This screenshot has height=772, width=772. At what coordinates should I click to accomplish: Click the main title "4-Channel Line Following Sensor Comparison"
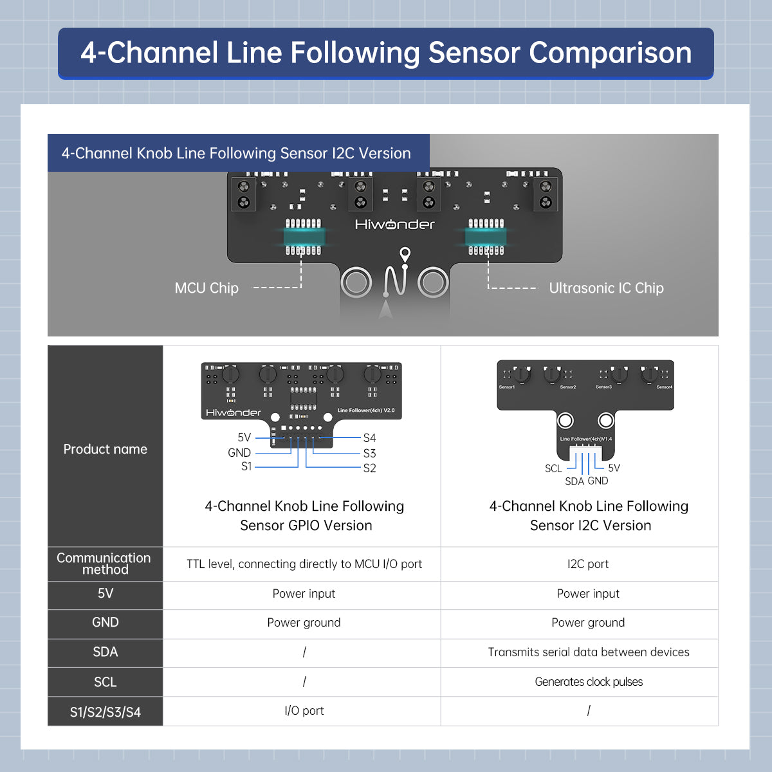386,53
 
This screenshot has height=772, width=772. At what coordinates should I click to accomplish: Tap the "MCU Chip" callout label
207,288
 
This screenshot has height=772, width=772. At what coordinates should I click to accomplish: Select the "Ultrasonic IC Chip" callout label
606,288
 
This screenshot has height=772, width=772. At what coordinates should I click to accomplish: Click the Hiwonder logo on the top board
394,225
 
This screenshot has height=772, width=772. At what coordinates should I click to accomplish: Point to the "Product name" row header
105,449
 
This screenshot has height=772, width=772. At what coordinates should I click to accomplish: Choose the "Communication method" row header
105,564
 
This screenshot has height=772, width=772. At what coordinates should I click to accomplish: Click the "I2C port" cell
588,564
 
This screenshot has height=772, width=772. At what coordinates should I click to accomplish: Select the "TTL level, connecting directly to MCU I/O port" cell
304,564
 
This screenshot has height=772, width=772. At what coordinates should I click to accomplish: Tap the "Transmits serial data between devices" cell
588,652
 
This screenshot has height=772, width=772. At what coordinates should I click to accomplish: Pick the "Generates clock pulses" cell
588,682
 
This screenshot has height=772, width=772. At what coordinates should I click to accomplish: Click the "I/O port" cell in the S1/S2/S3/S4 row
304,711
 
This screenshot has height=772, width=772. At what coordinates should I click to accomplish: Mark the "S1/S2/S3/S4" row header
105,712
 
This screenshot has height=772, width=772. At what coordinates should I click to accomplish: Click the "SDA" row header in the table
105,652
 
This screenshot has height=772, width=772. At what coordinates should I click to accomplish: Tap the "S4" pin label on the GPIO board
369,438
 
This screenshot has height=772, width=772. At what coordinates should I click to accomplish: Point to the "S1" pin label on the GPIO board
246,466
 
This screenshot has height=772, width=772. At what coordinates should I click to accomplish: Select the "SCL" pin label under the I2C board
553,468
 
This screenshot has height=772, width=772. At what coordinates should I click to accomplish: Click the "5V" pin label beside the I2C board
614,468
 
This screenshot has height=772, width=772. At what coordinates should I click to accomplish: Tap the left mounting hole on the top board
356,282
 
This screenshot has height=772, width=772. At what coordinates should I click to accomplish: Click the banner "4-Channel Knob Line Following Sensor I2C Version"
236,153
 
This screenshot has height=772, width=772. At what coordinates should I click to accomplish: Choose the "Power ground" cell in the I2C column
588,623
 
